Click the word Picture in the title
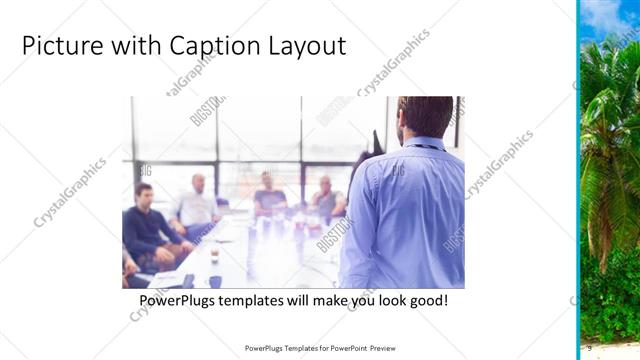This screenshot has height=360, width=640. pos(59,47)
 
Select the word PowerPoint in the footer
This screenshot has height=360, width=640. pos(347,348)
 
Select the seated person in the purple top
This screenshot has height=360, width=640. pos(269,195)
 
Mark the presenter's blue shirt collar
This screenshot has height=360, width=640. pos(425,144)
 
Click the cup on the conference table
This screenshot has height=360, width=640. pos(214,257)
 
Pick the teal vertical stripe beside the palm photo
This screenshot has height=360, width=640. pos(578,180)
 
